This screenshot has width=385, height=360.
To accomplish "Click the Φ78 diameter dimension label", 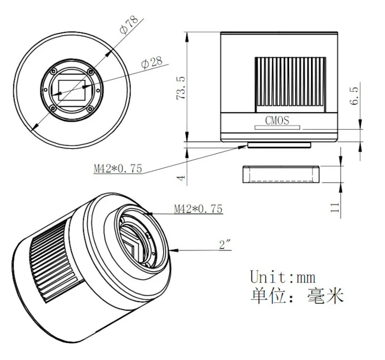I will [129, 24].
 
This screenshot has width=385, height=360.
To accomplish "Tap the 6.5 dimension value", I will [354, 96].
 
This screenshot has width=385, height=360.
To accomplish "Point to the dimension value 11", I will [335, 207].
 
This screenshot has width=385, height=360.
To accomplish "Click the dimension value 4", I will [180, 177].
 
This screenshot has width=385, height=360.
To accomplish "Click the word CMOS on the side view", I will [277, 121].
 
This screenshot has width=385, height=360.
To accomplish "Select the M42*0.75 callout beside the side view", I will [117, 168].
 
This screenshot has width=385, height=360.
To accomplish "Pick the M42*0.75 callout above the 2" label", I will [198, 209].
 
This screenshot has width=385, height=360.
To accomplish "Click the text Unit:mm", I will [282, 276].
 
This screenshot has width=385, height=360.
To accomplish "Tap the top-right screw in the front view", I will [90, 71].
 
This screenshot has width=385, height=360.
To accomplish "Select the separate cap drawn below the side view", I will [280, 174].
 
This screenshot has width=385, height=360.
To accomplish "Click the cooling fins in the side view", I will [290, 84].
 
